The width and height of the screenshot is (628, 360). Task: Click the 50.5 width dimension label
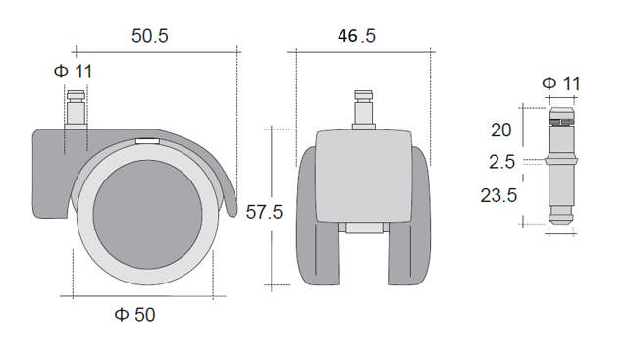click(150, 36)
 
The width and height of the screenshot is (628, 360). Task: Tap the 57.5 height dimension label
click(263, 213)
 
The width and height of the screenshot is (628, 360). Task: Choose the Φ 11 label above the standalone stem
click(560, 83)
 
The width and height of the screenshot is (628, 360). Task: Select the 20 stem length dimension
click(500, 130)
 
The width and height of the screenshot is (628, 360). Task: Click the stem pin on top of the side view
click(76, 104)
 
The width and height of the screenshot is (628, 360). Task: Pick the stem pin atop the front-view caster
click(362, 108)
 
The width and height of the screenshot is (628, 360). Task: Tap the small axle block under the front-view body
click(362, 231)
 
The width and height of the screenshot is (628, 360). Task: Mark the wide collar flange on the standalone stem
click(560, 160)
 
